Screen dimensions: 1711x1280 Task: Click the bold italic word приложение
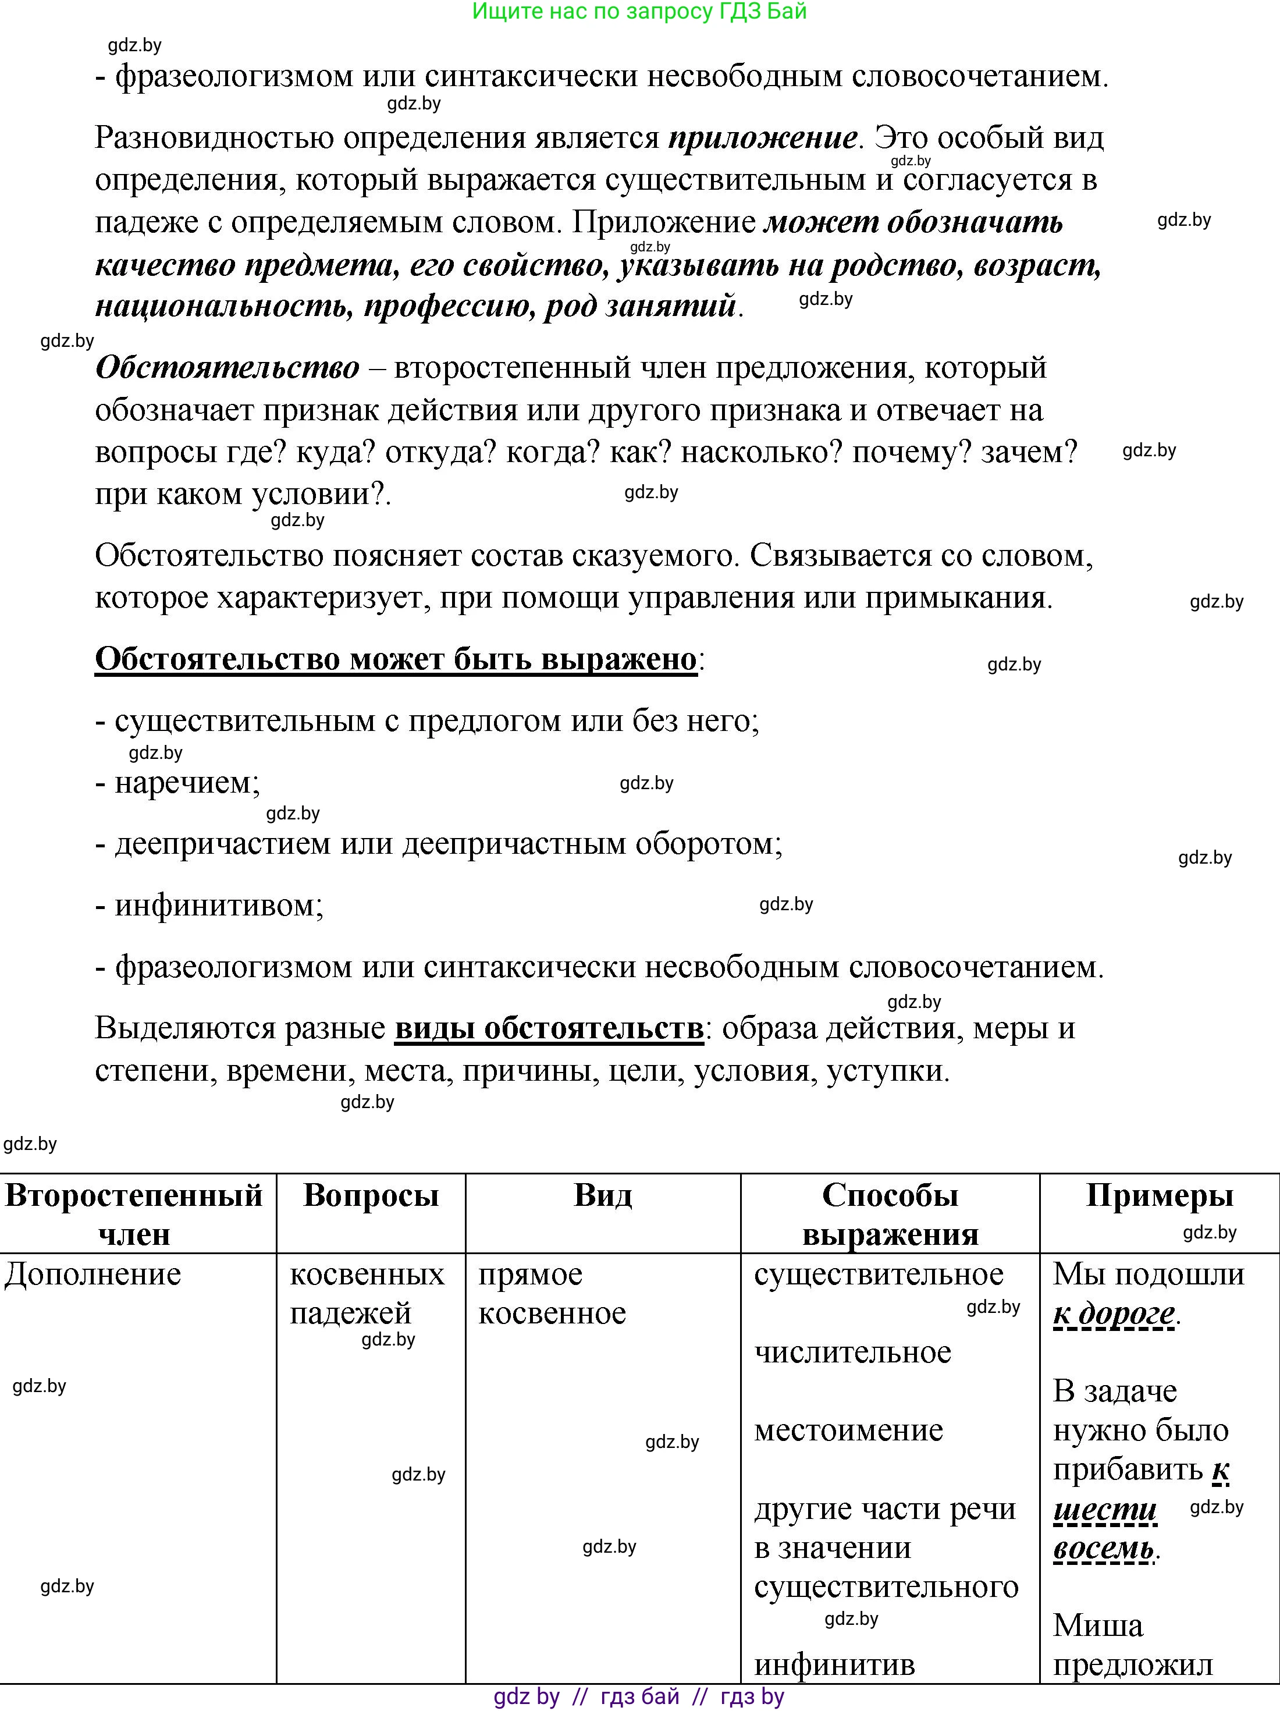762,139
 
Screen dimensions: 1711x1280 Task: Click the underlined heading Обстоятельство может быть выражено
395,659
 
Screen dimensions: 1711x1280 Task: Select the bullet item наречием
186,783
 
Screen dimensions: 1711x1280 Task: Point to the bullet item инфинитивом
218,905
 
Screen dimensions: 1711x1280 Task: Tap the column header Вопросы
371,1195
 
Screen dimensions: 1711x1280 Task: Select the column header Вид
603,1195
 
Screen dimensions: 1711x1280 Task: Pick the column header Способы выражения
890,1215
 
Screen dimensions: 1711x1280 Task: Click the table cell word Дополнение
93,1275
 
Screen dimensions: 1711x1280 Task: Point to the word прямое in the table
530,1275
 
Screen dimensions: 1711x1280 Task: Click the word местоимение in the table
848,1430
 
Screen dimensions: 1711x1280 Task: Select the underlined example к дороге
1114,1314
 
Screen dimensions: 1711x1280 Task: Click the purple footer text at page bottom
639,1697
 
